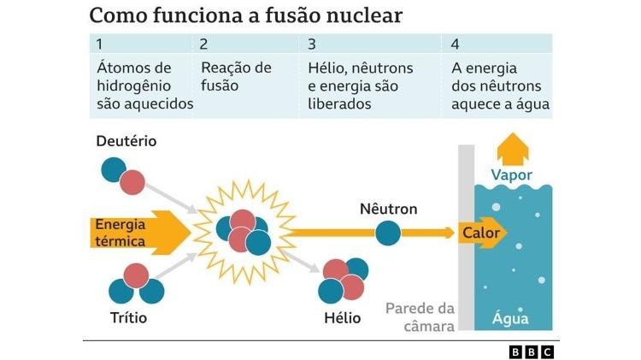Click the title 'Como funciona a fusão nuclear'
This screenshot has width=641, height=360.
click(246, 15)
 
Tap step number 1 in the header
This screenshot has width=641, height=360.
click(100, 44)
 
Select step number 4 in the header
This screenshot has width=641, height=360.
click(456, 44)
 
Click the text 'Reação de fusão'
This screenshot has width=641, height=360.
click(235, 76)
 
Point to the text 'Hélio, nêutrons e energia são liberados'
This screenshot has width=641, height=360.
click(360, 86)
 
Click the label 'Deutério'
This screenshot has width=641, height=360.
click(126, 140)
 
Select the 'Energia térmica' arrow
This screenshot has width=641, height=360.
click(137, 233)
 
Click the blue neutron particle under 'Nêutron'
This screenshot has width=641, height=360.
click(388, 232)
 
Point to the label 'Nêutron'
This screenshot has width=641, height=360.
click(388, 209)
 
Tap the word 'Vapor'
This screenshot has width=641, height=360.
click(512, 175)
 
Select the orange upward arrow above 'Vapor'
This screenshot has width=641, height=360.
click(512, 147)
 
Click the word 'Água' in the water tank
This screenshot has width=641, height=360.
click(511, 319)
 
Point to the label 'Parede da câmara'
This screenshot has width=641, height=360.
click(420, 316)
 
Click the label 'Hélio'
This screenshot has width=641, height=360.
click(342, 318)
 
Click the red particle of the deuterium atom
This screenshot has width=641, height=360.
click(132, 183)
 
